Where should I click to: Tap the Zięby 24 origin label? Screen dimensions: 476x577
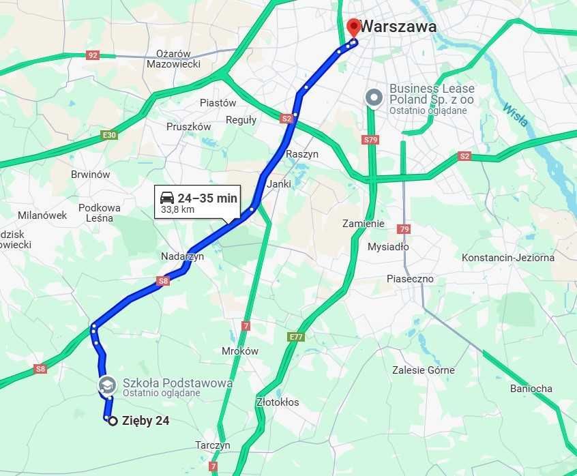coord(145,421)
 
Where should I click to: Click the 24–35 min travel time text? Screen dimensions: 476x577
coord(207,198)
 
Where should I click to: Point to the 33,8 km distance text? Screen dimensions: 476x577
coord(177,210)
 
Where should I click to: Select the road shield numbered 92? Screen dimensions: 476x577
coord(93,55)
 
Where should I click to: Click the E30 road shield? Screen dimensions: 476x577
coord(109,135)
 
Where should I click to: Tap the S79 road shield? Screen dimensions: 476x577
coord(371,140)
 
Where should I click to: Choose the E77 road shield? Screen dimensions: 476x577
coord(295,337)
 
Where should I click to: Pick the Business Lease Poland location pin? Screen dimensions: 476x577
coord(374,98)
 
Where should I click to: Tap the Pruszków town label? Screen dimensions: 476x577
coord(188,127)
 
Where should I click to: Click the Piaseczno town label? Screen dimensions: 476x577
coord(410,279)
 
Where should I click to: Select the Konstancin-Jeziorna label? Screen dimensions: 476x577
coord(507,258)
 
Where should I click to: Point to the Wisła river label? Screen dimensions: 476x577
coord(515,115)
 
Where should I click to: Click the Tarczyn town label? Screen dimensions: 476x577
coord(212,445)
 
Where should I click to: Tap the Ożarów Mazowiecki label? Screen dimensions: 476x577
coord(173,59)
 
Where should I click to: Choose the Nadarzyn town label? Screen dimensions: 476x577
coord(182,256)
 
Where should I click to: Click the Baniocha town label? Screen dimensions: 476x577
coord(531,389)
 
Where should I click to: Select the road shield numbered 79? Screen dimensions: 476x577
coord(404,229)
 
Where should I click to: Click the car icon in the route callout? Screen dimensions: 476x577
coord(166,198)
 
